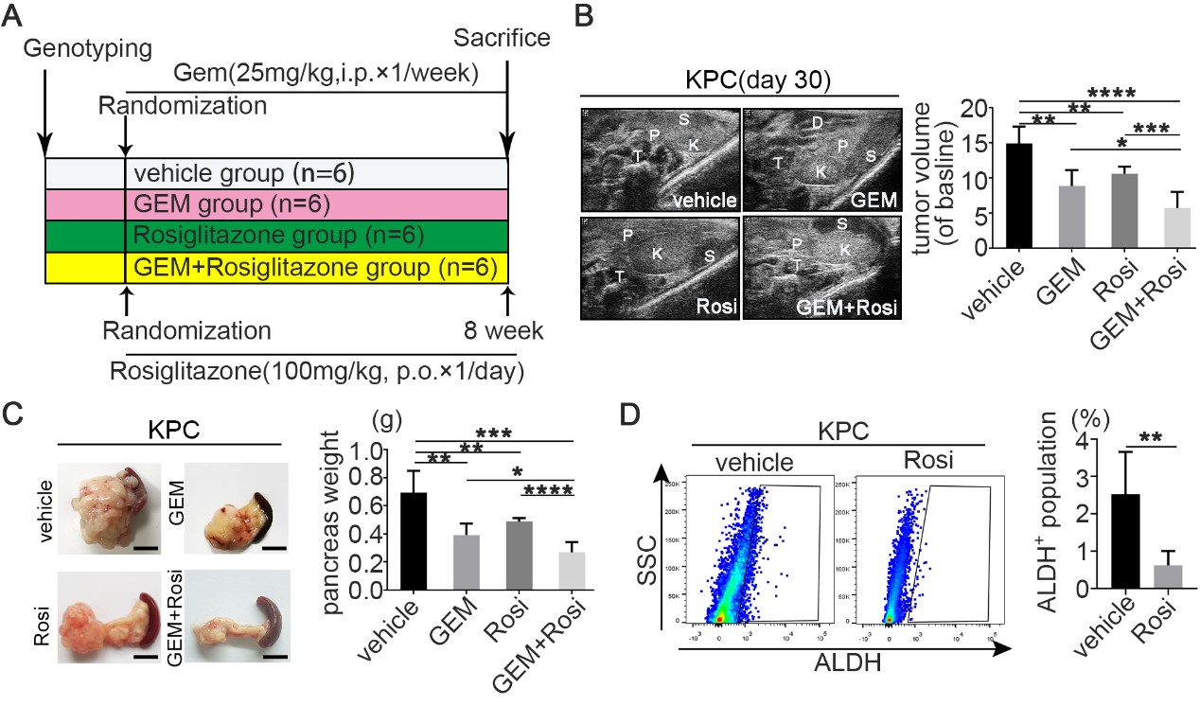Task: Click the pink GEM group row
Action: (276, 204)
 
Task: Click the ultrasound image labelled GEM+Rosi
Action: (820, 266)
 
